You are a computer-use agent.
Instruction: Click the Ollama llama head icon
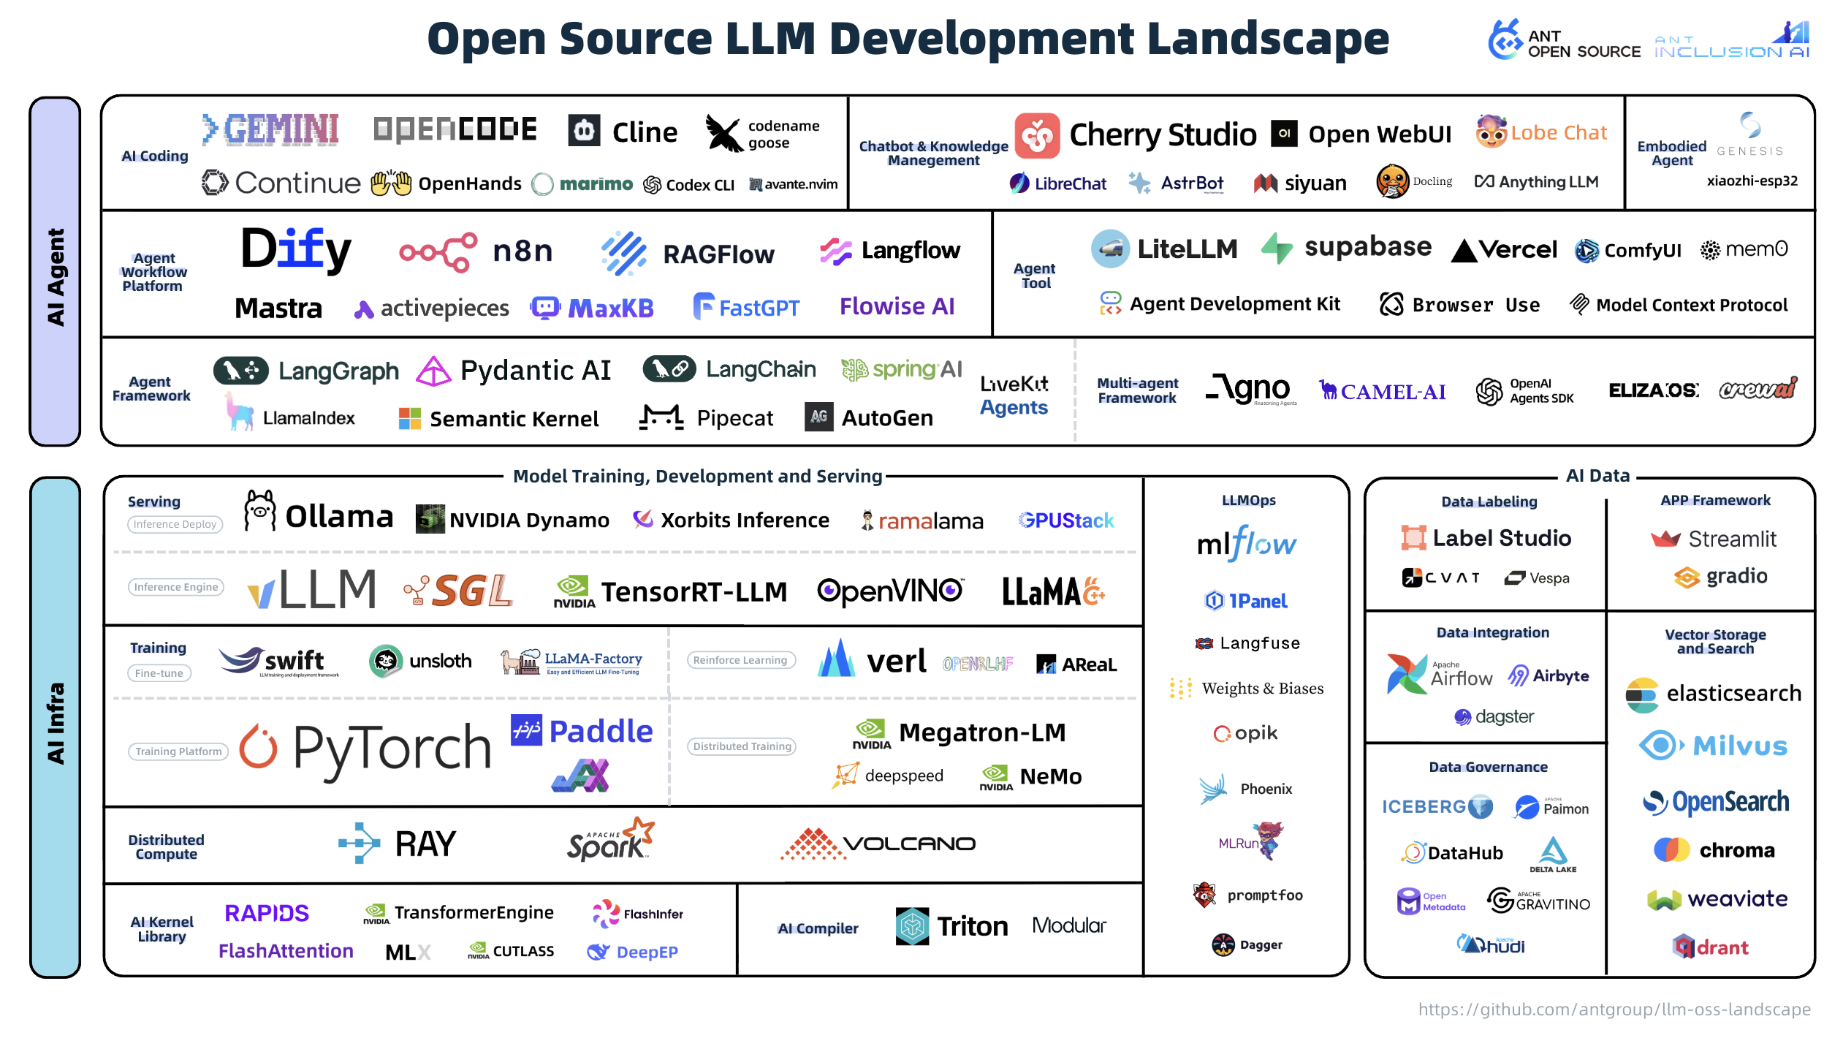[259, 511]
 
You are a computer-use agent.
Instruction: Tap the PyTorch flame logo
[259, 746]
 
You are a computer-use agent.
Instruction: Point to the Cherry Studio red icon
[1036, 135]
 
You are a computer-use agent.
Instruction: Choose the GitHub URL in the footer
[1614, 1009]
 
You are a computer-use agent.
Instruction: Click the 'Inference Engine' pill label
[176, 587]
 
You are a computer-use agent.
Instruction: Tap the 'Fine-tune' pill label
[159, 673]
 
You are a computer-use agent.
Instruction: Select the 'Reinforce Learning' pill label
[740, 660]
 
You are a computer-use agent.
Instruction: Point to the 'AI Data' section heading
[1597, 476]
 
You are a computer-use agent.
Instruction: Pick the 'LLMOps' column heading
[1248, 501]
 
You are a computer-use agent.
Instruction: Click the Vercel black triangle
[1464, 251]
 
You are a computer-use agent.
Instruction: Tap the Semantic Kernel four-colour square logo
[409, 419]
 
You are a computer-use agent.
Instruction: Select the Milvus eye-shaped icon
[1660, 746]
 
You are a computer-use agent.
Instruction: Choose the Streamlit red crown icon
[1665, 539]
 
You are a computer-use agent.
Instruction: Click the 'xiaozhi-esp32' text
[1752, 181]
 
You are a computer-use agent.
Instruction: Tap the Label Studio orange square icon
[1413, 538]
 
